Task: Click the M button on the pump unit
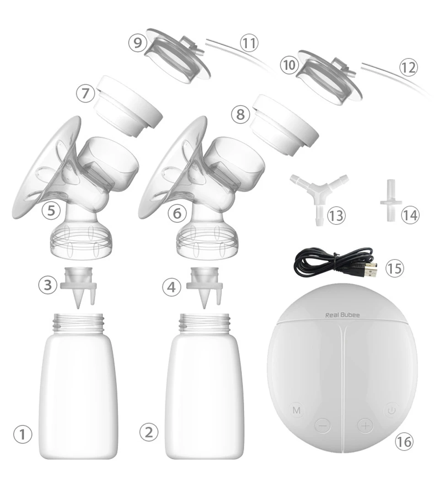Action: point(296,410)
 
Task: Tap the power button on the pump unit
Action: point(391,410)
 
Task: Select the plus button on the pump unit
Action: point(365,425)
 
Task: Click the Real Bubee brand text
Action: point(343,315)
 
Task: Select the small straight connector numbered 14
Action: point(391,200)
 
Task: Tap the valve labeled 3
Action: point(78,287)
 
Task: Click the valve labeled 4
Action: point(204,287)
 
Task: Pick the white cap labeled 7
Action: point(128,106)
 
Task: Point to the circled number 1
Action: point(22,434)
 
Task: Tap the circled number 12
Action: point(408,67)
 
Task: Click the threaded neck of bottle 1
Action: point(78,323)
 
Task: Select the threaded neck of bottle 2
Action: point(204,323)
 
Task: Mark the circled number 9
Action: point(137,42)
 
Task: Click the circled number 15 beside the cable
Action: point(395,269)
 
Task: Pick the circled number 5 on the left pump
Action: point(51,210)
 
